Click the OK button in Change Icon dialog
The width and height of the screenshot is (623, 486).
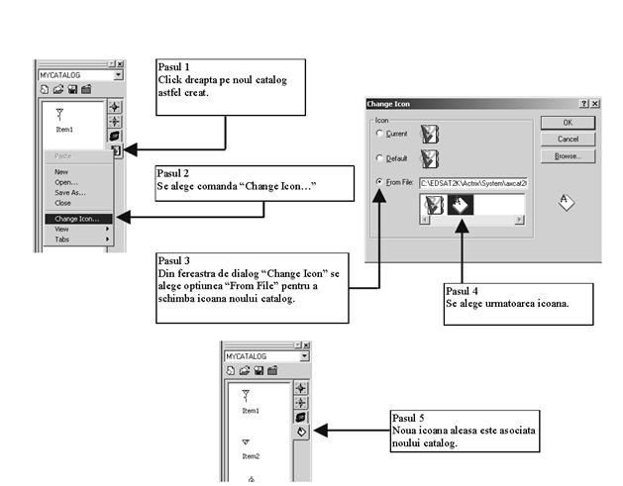567,122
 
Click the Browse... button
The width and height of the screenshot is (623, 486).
567,156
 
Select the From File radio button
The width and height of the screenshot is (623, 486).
378,182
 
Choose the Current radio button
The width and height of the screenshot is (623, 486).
378,133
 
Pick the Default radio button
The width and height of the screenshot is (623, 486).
378,157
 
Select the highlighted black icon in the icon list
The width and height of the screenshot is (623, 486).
461,204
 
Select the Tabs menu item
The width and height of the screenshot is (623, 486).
62,240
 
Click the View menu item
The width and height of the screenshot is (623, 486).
61,229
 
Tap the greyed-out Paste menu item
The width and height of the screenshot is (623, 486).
62,156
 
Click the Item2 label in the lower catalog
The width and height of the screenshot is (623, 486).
251,456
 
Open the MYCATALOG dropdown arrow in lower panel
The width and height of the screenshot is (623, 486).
304,355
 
